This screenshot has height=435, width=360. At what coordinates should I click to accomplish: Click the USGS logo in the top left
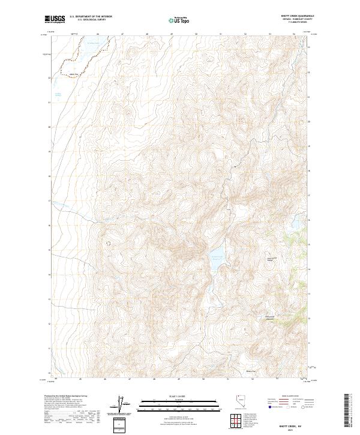[x=55, y=20]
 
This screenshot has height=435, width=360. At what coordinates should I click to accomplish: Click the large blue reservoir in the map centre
[x=215, y=260]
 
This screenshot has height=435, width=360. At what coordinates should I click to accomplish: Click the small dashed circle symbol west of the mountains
[x=109, y=242]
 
